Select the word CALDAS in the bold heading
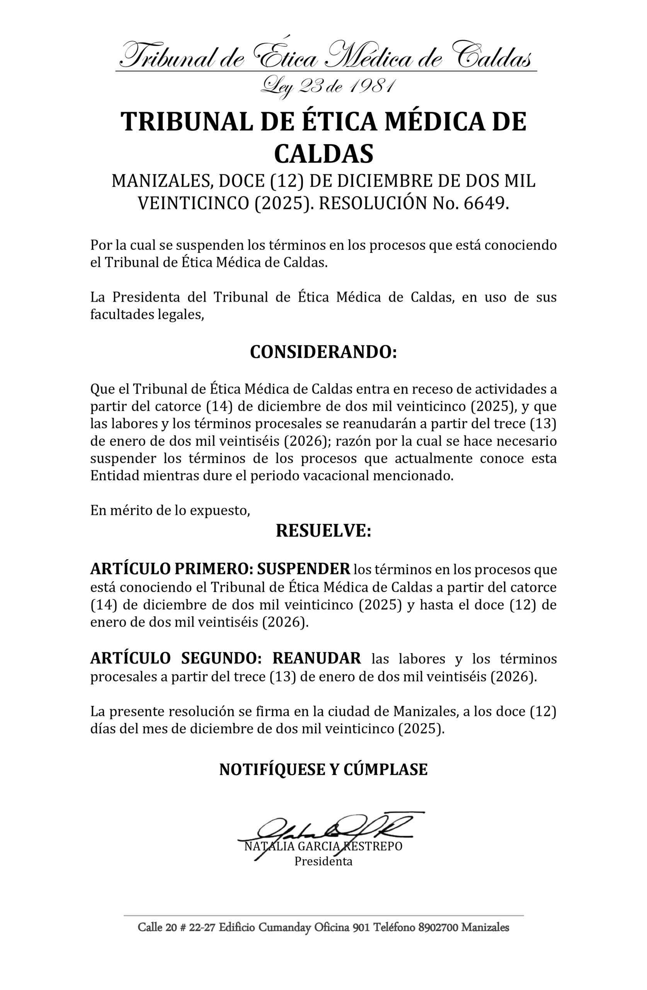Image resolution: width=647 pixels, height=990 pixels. click(323, 154)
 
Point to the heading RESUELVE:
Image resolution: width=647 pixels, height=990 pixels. click(323, 531)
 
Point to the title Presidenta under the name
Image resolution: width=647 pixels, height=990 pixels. click(323, 861)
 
